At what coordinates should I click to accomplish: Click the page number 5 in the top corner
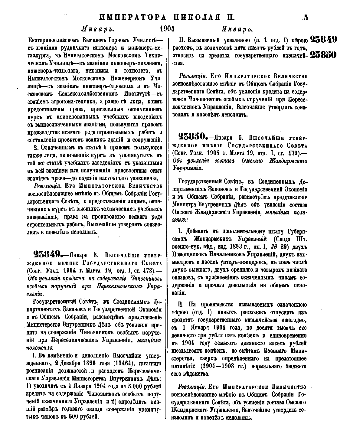pos(306,17)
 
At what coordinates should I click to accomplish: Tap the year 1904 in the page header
pos(167,29)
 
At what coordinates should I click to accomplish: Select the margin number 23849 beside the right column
pos(323,39)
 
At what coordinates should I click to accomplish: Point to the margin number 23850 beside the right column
pos(323,55)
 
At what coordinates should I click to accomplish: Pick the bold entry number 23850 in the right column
pos(193,137)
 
